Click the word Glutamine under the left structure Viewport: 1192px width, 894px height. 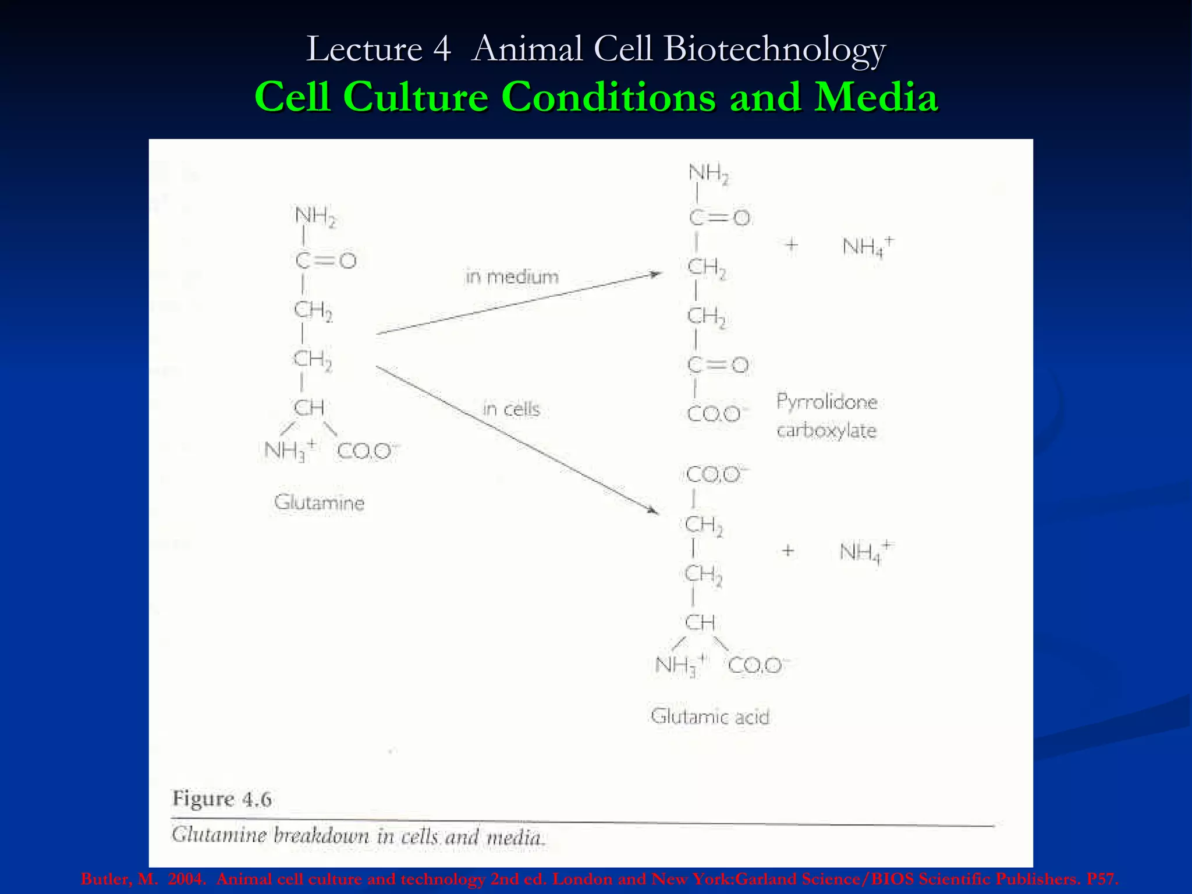319,502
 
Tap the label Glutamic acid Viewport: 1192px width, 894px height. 709,716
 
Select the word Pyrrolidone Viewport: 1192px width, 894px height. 826,402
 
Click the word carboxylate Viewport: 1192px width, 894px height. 826,431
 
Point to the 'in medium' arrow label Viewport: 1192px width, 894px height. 512,276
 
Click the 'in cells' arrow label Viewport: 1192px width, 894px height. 511,409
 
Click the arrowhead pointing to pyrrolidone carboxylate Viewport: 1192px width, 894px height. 656,274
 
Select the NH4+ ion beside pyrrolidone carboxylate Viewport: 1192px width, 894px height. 868,247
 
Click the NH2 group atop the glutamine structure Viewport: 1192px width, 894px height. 315,217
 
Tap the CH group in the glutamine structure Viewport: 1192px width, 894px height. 308,407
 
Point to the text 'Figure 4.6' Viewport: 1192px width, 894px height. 222,799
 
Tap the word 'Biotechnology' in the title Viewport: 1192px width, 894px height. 774,49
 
